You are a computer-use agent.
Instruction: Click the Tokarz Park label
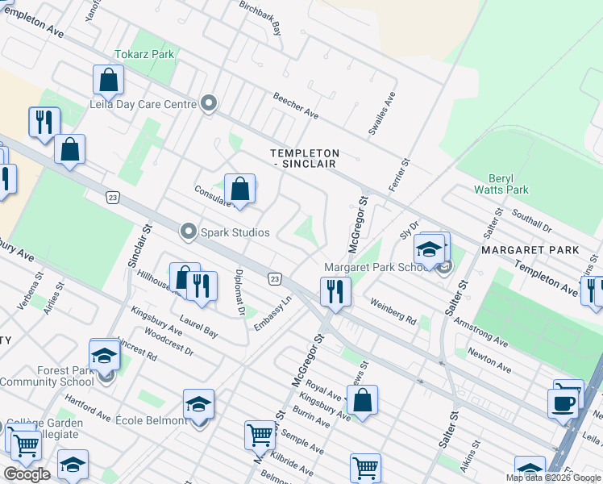(144, 55)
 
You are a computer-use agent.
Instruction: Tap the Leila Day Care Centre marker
(209, 104)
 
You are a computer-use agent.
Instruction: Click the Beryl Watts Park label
(508, 184)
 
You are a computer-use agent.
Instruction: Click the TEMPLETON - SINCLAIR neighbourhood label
(304, 159)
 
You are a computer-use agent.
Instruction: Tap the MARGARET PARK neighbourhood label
(530, 251)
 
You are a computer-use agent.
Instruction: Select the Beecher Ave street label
(295, 106)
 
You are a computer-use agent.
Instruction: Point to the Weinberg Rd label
(393, 309)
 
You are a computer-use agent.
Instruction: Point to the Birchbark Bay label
(260, 17)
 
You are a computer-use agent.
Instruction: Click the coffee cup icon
(563, 401)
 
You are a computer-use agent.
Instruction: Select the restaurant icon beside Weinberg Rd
(335, 290)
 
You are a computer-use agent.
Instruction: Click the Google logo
(27, 474)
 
